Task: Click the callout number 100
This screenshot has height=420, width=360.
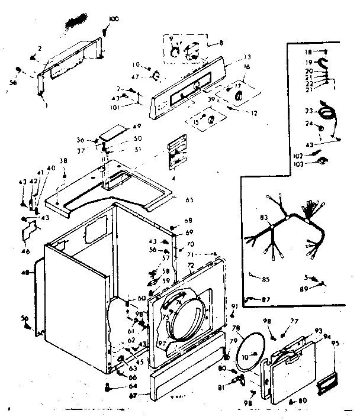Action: (x=114, y=19)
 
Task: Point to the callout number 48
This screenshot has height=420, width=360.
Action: (x=25, y=273)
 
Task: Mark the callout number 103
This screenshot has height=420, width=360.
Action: (x=298, y=163)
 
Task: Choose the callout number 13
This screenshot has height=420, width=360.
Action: (x=247, y=57)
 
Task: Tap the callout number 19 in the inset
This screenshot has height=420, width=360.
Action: (x=307, y=61)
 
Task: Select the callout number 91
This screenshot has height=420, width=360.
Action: (x=234, y=305)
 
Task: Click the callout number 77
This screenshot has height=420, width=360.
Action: (x=294, y=320)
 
